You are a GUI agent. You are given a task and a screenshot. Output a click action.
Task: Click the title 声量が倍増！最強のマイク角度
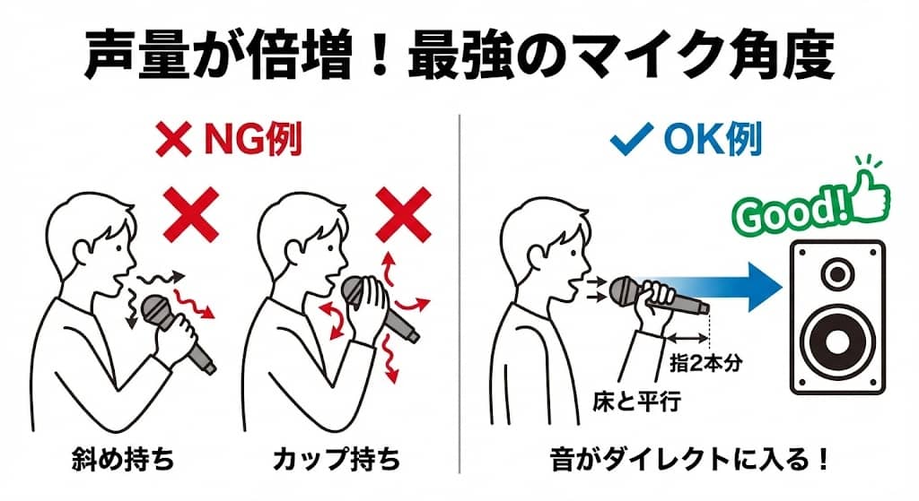tap(459, 56)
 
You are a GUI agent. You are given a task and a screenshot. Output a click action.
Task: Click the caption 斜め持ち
tap(122, 460)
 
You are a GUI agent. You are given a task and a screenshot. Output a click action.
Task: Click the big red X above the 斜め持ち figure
tap(190, 213)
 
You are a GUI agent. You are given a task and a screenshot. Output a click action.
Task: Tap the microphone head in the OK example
tap(626, 289)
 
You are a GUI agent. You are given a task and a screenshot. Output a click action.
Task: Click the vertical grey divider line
tap(459, 296)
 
